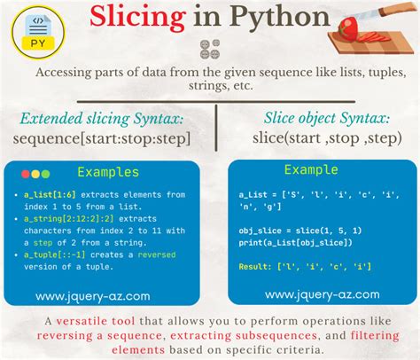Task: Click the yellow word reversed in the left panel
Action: [x=154, y=254]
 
